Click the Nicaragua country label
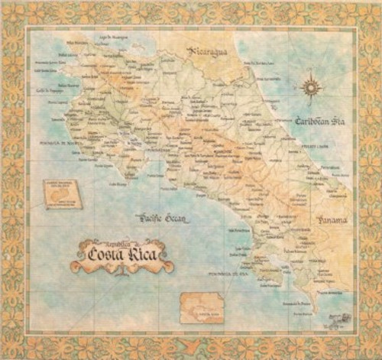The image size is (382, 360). point(209,52)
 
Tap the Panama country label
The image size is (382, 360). point(332,220)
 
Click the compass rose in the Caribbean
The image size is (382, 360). point(310,87)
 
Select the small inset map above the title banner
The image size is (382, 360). point(60,194)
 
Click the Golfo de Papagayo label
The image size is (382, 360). point(48,90)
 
